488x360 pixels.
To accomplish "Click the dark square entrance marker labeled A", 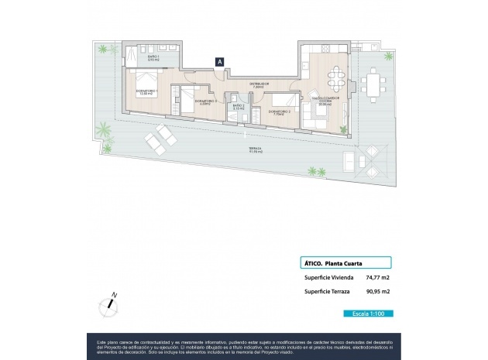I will (220, 61).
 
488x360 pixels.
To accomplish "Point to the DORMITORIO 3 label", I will (204, 102).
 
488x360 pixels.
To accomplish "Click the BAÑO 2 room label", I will (239, 108).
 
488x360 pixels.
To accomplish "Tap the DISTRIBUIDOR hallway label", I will (259, 85).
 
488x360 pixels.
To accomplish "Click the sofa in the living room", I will (315, 117).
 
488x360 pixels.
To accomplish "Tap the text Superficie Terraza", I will (326, 291).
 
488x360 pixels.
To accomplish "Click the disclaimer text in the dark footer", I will (243, 345).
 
